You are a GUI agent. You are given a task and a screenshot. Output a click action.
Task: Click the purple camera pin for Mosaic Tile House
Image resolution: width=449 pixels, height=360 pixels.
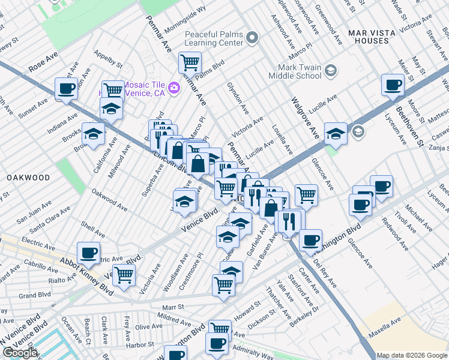coord(174,88)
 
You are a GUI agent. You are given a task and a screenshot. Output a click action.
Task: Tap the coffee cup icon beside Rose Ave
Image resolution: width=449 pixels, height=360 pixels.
coord(67,89)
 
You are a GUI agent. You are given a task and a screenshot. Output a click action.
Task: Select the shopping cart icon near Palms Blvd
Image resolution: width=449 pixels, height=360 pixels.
coord(190,62)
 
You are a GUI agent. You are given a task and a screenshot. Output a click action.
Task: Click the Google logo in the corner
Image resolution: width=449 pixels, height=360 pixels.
coord(20,353)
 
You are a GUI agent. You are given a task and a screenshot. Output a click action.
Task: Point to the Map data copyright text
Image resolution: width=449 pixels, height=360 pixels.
coord(411,355)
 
